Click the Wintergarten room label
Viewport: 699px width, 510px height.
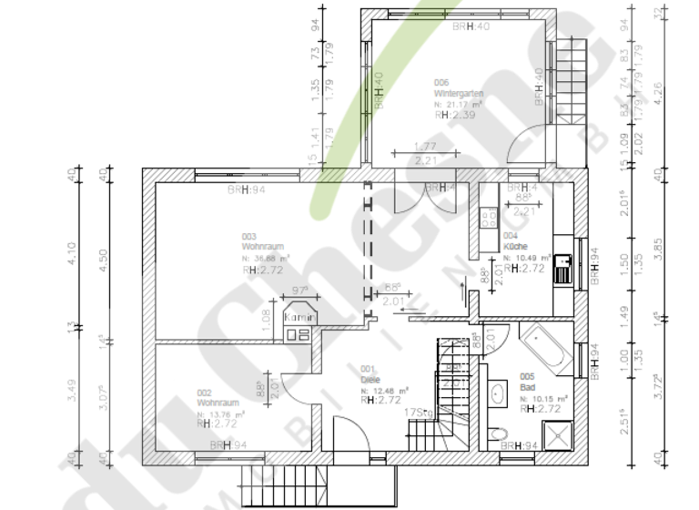coord(458,94)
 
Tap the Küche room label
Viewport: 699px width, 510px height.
coord(514,246)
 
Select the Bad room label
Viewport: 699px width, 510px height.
coord(527,387)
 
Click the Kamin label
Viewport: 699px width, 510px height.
coord(299,318)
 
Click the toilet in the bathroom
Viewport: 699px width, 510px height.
coord(493,432)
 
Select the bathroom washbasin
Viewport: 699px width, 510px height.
coord(498,393)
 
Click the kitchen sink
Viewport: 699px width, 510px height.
coord(564,266)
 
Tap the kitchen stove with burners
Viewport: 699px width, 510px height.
coord(487,219)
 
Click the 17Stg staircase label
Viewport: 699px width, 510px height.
coord(418,413)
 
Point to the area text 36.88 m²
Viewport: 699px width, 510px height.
coord(270,258)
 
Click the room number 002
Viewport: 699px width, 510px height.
coord(204,393)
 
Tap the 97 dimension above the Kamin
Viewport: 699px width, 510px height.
coord(299,291)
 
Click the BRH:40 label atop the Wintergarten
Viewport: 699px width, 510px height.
coord(471,26)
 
